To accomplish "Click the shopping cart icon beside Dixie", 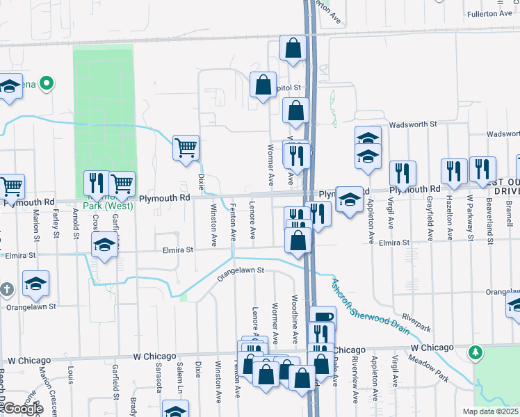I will click(x=186, y=147).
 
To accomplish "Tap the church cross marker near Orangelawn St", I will click(x=6, y=288).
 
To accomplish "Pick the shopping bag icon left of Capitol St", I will click(x=263, y=85).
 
